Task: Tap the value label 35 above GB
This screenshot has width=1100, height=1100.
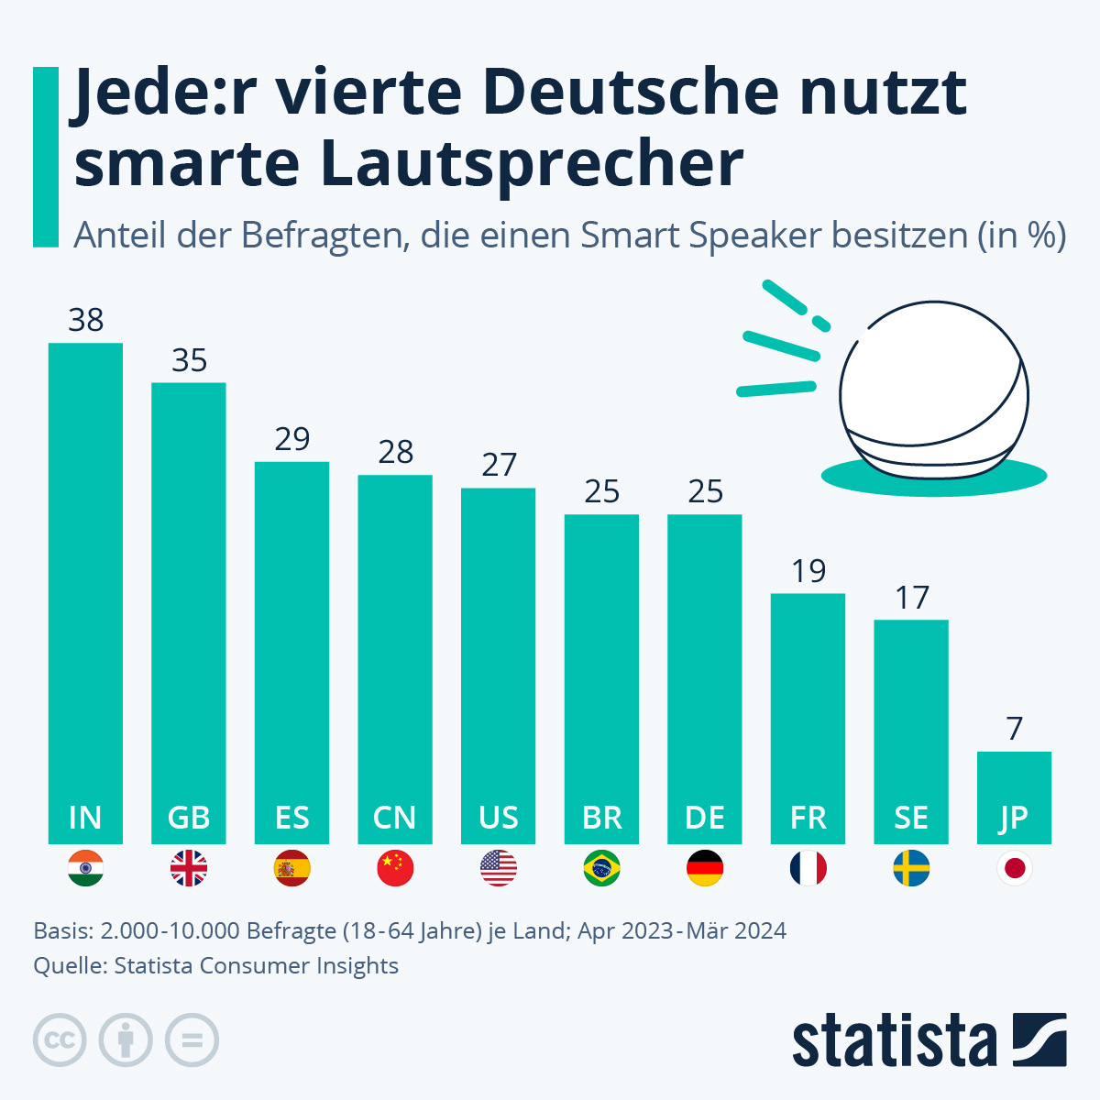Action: pos(189,360)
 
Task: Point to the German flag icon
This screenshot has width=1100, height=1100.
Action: pos(705,868)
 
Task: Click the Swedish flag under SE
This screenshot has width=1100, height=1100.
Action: pos(911,868)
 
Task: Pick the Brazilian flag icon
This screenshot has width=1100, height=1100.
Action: pos(601,868)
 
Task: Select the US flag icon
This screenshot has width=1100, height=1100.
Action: pos(499,868)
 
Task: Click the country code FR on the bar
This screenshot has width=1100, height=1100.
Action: pos(808,817)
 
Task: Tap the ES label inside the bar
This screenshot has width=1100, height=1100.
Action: pos(291,817)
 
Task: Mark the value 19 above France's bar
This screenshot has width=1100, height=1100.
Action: pos(808,571)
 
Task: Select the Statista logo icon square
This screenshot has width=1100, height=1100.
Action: pos(1039,1039)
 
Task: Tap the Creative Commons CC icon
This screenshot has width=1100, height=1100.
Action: pos(60,1040)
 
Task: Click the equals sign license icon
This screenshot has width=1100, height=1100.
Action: pos(192,1040)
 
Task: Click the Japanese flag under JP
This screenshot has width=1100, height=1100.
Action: pos(1014,868)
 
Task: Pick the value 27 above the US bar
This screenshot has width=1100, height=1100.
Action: pos(499,465)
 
